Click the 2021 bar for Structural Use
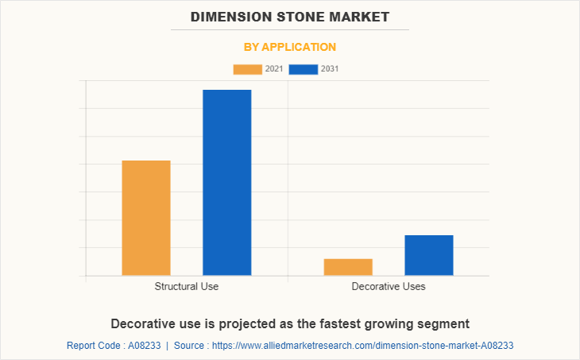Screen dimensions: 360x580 pos(146,218)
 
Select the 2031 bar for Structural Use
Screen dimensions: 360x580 pos(226,182)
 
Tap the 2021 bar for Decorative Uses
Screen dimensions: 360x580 pos(348,267)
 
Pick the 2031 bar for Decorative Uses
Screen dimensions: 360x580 pos(428,255)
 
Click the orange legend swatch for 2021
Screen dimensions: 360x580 pos(247,69)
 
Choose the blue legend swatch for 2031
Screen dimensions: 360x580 pos(304,69)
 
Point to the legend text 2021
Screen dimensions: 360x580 pos(274,69)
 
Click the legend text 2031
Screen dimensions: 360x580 pos(330,69)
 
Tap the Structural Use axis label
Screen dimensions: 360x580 pos(187,286)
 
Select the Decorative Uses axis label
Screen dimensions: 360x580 pos(389,286)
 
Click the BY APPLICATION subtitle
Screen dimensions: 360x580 pos(290,47)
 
